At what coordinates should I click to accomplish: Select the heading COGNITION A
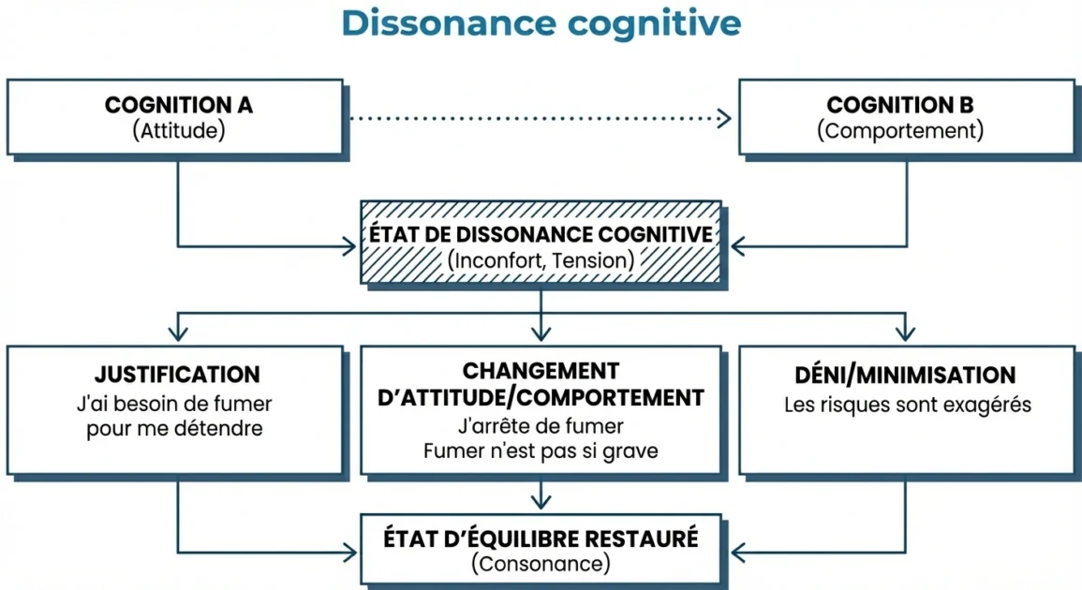tap(178, 105)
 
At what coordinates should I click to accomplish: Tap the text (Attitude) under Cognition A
tap(178, 130)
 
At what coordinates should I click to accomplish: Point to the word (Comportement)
tap(900, 130)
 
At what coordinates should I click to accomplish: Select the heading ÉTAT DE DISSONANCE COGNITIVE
tap(541, 234)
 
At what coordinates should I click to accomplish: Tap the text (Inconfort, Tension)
tap(541, 260)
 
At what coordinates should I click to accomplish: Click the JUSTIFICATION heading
tap(178, 376)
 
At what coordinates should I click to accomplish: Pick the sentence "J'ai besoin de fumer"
tap(178, 406)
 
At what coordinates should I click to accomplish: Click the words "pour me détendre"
tap(178, 429)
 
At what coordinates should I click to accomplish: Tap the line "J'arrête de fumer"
tap(541, 427)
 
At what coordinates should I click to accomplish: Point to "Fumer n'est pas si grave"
tap(541, 451)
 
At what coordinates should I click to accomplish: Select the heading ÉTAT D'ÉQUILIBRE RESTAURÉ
tap(541, 538)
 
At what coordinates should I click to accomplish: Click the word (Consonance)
tap(541, 564)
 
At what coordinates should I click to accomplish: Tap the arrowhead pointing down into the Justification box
tap(178, 333)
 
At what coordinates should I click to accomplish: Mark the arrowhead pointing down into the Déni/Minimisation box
tap(904, 333)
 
